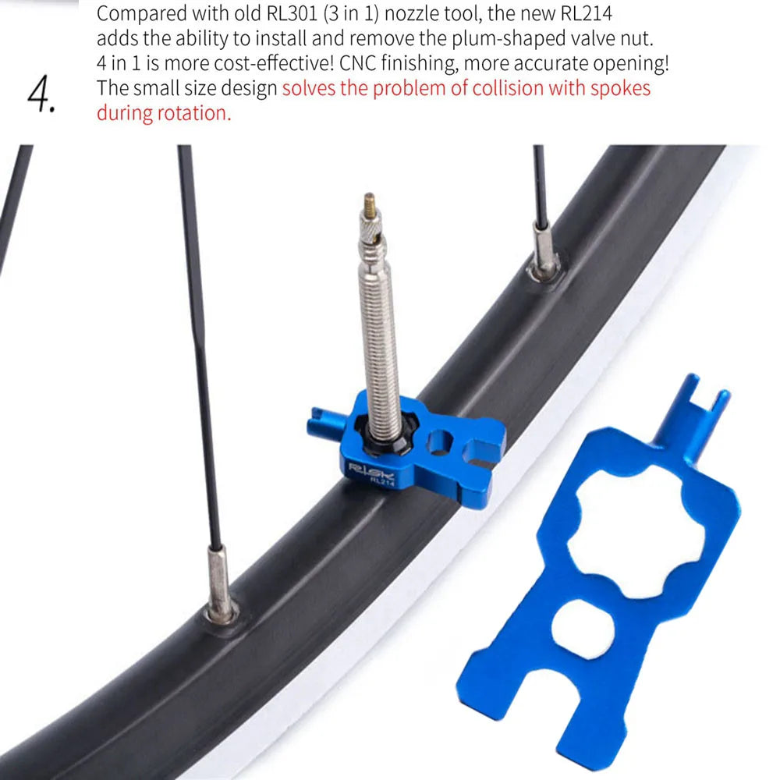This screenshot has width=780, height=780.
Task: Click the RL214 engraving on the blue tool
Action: (x=381, y=483)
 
